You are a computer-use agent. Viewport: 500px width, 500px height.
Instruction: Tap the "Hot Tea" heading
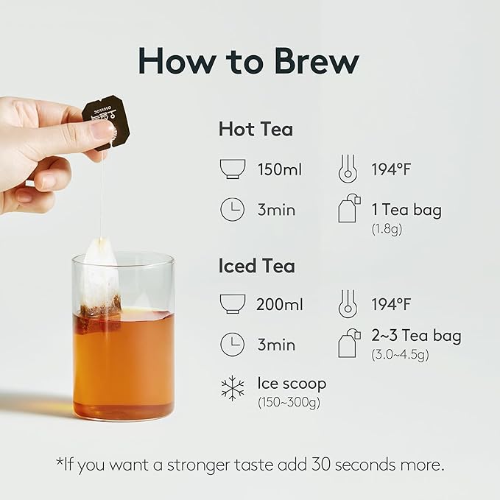[x=256, y=130]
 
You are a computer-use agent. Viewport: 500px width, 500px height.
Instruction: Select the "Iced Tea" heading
[x=257, y=266]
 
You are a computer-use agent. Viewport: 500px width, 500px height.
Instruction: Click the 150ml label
[x=280, y=169]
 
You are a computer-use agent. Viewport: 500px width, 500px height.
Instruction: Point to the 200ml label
[x=280, y=304]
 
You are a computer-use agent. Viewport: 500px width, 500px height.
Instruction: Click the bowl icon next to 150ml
[x=232, y=169]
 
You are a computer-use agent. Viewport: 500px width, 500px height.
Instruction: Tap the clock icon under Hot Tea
[x=232, y=210]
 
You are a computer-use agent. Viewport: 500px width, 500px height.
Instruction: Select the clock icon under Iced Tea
[x=232, y=345]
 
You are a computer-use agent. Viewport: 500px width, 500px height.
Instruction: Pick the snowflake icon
[x=232, y=388]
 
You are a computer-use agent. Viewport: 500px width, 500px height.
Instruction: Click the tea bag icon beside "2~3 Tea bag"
[x=349, y=342]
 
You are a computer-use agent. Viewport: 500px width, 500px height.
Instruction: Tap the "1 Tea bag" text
[x=406, y=210]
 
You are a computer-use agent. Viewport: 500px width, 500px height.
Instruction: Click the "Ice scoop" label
[x=292, y=384]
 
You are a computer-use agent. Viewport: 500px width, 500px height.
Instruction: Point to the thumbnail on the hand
[x=102, y=131]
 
